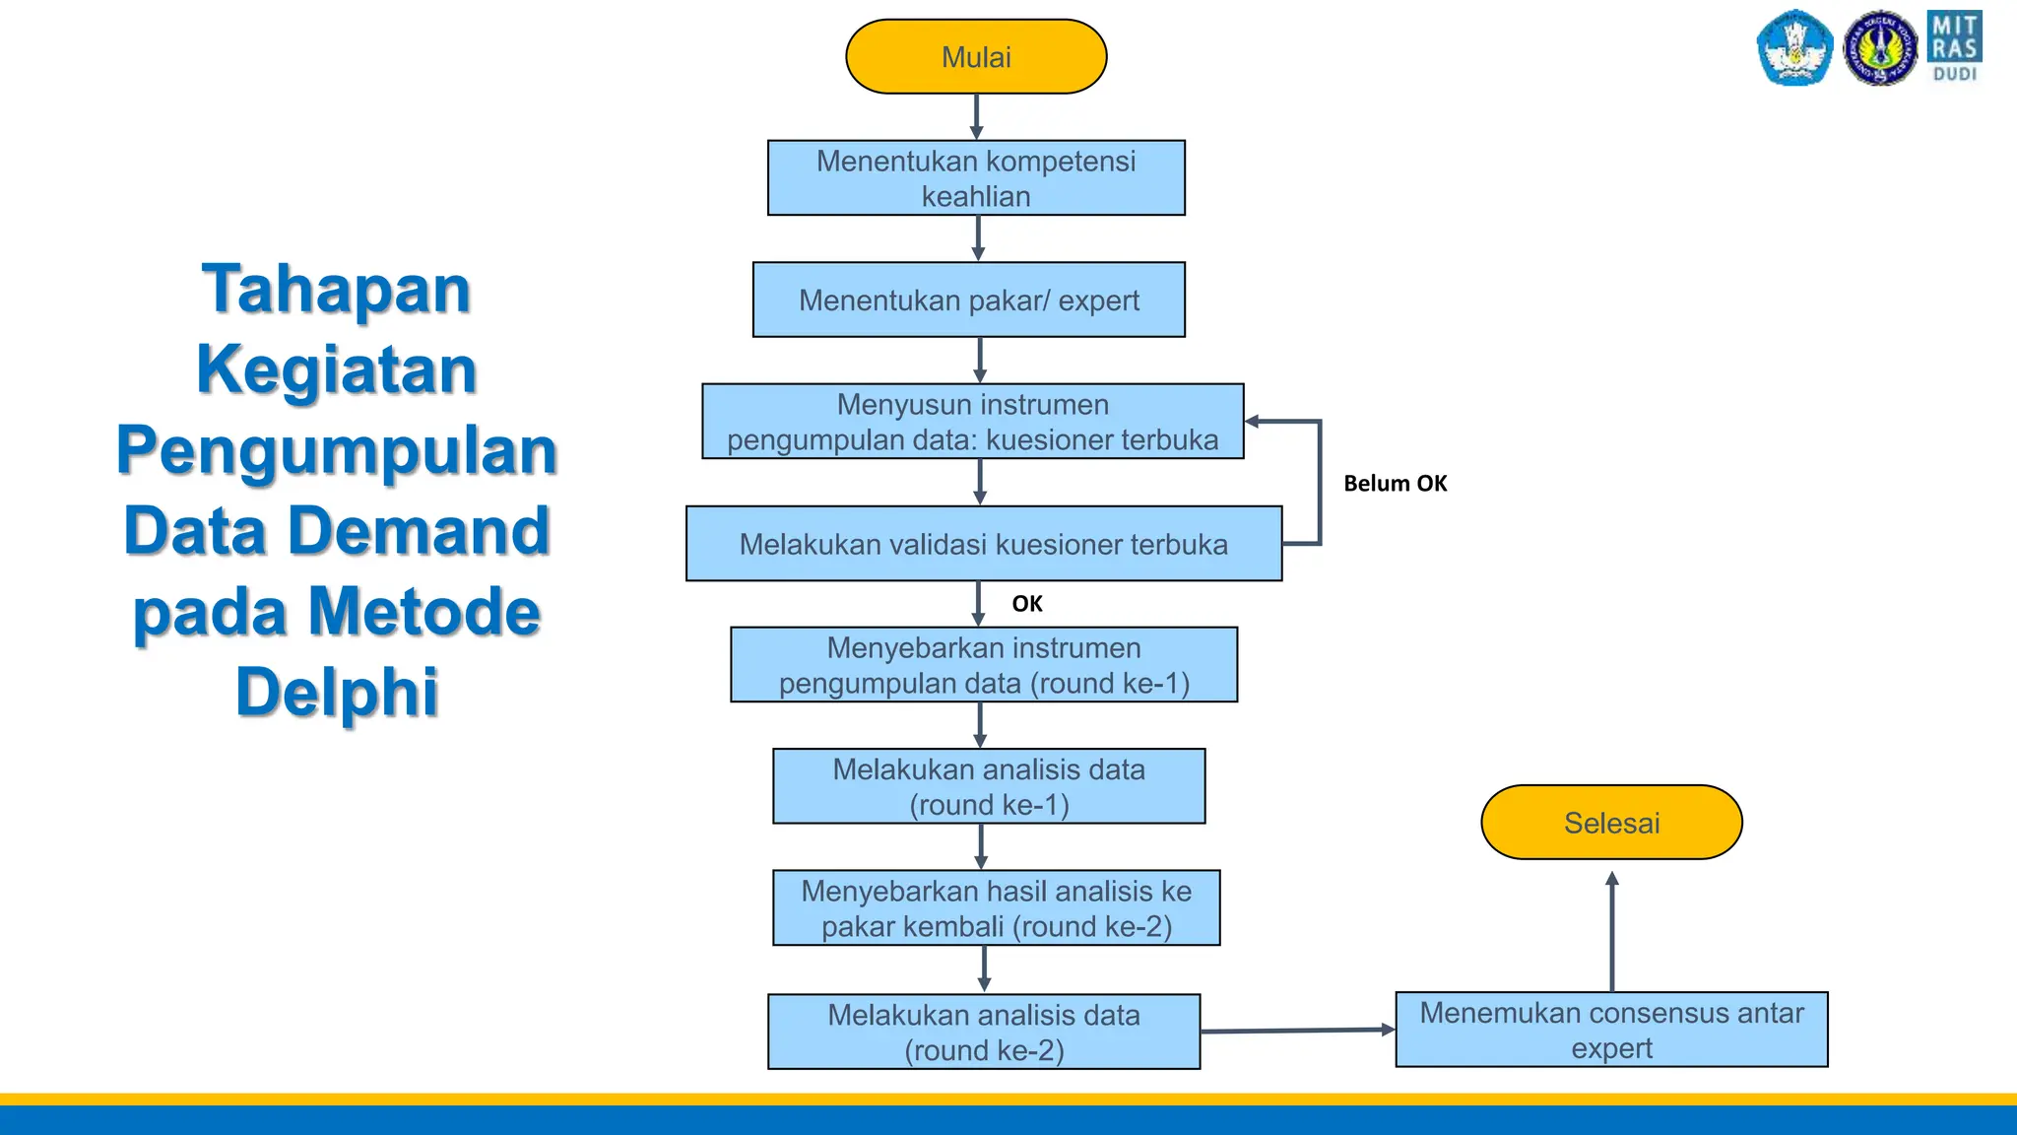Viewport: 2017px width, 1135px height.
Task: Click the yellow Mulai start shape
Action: click(x=976, y=57)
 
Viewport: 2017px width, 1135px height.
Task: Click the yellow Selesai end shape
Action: click(x=1611, y=823)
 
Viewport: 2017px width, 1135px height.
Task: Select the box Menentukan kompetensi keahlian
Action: click(x=976, y=178)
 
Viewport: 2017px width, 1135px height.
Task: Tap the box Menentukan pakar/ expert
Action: click(x=969, y=300)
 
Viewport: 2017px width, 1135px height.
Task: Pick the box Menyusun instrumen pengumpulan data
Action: click(x=973, y=422)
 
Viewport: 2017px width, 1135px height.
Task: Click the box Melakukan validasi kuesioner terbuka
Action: click(x=984, y=544)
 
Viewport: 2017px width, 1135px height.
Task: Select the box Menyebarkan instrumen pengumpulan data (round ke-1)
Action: click(x=984, y=665)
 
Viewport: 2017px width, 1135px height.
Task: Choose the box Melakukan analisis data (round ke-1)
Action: click(x=989, y=786)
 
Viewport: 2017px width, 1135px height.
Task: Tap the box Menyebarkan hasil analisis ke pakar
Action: click(x=996, y=908)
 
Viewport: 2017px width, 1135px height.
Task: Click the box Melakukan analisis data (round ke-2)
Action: click(x=984, y=1032)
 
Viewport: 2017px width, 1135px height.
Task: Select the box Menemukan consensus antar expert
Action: click(x=1611, y=1030)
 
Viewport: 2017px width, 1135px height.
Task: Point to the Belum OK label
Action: click(x=1395, y=484)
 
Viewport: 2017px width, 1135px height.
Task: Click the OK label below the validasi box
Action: click(x=1026, y=604)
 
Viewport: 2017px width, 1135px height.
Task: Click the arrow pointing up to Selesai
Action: click(x=1612, y=931)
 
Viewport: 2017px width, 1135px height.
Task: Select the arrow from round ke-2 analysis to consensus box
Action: click(x=1297, y=1031)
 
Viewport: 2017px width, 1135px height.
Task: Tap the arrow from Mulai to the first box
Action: click(x=976, y=116)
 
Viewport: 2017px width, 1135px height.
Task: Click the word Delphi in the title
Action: click(x=337, y=692)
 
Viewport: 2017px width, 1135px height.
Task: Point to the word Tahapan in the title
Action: click(x=337, y=290)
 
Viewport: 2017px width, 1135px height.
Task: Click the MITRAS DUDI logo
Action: click(x=1954, y=46)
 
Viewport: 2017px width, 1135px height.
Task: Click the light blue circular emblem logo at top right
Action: click(x=1793, y=48)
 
